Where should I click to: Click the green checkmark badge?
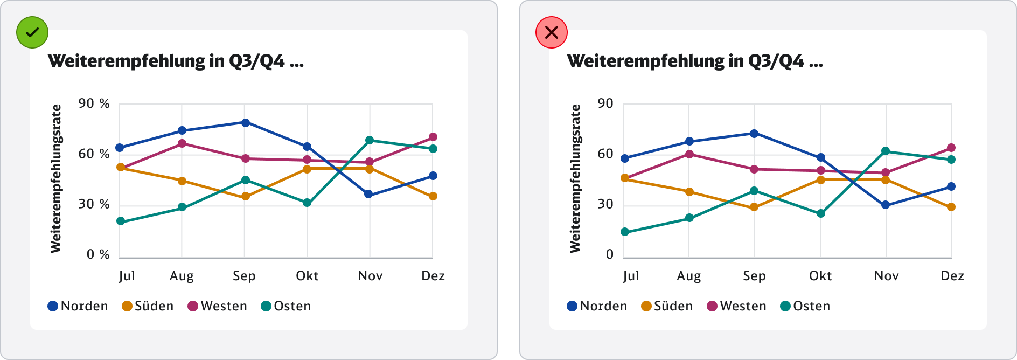[x=32, y=32]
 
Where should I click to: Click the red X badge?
[x=551, y=32]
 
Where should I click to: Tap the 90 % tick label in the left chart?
[x=94, y=103]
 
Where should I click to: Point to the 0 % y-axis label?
[x=98, y=254]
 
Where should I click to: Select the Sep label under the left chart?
[x=244, y=276]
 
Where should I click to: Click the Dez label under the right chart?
[x=952, y=276]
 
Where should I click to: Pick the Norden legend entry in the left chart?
[x=78, y=306]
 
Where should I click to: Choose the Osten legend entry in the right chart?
[x=805, y=306]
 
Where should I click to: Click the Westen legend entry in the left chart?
[x=217, y=306]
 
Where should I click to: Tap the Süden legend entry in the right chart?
[x=667, y=306]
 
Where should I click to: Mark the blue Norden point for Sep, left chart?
[x=245, y=123]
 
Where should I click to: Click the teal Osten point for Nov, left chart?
[x=370, y=140]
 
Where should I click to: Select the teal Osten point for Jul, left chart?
[x=121, y=221]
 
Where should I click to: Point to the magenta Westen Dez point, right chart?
[x=951, y=148]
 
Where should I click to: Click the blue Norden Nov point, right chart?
[x=886, y=205]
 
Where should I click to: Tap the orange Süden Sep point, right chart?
[x=754, y=207]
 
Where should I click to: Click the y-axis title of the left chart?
[x=56, y=178]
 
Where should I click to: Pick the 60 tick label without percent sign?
[x=605, y=154]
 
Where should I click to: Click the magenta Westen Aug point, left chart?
[x=182, y=143]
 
